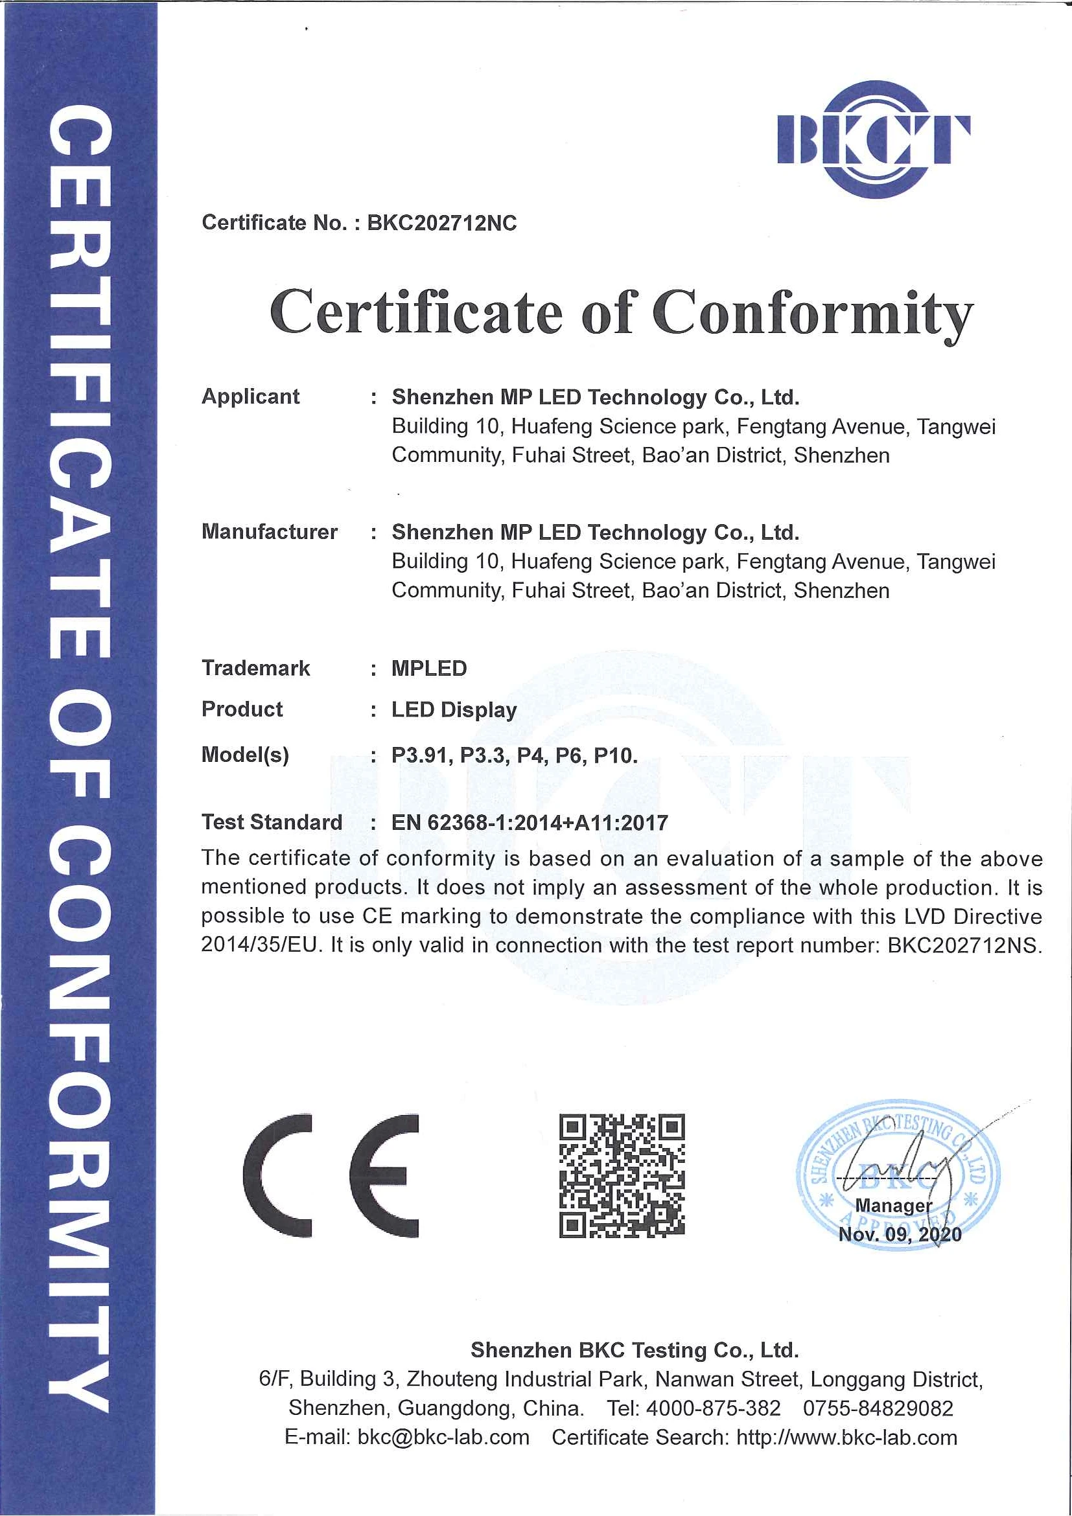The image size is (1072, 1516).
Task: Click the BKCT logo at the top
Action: (873, 139)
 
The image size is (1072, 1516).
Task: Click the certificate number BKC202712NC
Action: (442, 223)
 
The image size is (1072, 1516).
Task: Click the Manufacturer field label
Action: (270, 531)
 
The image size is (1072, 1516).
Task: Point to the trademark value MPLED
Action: (428, 668)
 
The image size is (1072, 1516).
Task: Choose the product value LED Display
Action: (454, 710)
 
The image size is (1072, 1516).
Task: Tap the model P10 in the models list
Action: (614, 755)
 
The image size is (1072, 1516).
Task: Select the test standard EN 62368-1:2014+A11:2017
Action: (530, 823)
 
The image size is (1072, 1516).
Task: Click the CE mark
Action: (331, 1176)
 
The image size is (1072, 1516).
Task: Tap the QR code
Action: (622, 1176)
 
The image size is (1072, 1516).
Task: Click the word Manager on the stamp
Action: (893, 1206)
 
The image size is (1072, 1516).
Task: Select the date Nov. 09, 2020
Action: (900, 1235)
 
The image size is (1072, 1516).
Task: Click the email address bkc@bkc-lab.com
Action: (443, 1438)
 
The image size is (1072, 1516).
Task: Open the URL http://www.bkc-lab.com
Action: (846, 1438)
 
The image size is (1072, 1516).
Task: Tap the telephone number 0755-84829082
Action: (878, 1408)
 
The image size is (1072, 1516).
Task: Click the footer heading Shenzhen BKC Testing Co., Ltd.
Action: (634, 1350)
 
